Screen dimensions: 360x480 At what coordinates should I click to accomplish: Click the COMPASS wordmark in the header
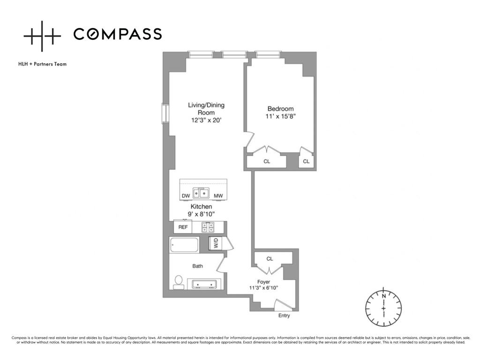click(x=118, y=34)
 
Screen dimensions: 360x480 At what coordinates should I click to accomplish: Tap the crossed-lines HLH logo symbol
click(x=42, y=36)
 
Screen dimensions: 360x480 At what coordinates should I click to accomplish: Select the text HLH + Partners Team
click(x=42, y=64)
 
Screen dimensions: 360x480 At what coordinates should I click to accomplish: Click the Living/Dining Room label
click(x=206, y=109)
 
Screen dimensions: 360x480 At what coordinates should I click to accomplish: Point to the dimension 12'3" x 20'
click(x=206, y=120)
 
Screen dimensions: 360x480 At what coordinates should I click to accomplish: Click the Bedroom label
click(x=280, y=109)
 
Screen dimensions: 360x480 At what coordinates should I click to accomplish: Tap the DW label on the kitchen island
click(x=186, y=196)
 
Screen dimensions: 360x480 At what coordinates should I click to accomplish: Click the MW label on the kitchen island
click(x=218, y=196)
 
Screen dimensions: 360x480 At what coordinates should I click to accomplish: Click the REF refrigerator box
click(x=183, y=227)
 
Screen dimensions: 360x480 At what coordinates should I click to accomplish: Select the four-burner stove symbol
click(x=208, y=227)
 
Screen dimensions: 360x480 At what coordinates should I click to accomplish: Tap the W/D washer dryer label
click(x=216, y=244)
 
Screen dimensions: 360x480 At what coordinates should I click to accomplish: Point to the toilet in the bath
click(x=179, y=281)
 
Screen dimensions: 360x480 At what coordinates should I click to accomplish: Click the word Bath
click(x=198, y=266)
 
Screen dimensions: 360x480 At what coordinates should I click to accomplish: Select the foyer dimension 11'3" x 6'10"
click(x=263, y=288)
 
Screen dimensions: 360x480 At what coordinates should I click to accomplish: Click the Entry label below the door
click(x=284, y=315)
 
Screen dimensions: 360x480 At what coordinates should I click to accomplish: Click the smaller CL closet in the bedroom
click(x=306, y=161)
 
